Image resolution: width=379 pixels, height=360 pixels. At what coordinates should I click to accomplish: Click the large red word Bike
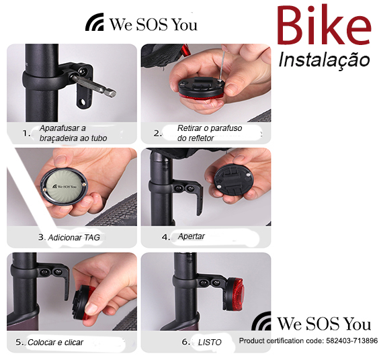click(324, 26)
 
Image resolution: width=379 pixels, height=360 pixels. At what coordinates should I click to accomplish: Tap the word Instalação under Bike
click(324, 60)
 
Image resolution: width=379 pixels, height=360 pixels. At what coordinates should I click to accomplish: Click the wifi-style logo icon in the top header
click(95, 22)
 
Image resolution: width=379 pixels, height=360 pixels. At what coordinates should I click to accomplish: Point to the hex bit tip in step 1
click(111, 93)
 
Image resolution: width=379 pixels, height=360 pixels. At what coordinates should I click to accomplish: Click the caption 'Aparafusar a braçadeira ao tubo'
click(73, 133)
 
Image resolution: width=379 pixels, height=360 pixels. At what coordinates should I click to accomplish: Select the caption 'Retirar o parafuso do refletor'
click(210, 133)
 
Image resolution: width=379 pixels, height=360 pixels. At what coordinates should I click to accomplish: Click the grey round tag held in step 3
click(65, 187)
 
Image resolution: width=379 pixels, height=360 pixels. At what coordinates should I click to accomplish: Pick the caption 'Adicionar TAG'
click(74, 238)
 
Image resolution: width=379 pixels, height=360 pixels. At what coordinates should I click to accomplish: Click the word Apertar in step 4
click(192, 236)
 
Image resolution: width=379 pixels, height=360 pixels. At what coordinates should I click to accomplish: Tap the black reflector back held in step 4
click(233, 180)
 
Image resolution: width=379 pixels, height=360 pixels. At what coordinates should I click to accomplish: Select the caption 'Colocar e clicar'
click(55, 343)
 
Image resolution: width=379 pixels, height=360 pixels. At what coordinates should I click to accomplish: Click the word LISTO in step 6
click(210, 343)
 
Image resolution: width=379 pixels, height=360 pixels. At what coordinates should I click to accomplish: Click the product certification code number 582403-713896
click(351, 341)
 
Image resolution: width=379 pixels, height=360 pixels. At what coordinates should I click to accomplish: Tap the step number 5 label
click(19, 342)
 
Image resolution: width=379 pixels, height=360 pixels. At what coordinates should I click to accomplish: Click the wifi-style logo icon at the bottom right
click(261, 321)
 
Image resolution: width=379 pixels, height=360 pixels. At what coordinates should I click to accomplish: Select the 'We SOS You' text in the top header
click(154, 24)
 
